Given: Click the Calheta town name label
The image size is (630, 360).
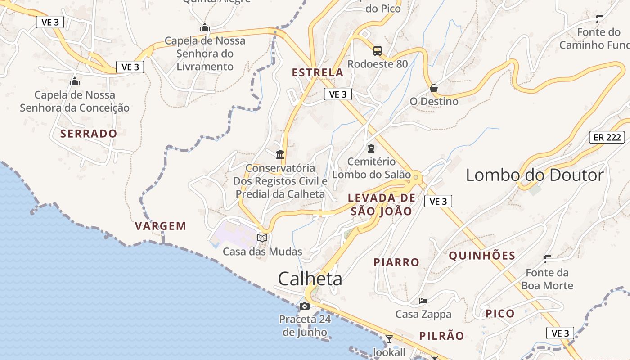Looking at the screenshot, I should [x=310, y=279].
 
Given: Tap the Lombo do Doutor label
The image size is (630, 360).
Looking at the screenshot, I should [x=535, y=175].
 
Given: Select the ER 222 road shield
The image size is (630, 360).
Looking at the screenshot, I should [x=607, y=137].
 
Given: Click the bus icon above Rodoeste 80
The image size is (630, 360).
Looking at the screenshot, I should [x=377, y=50].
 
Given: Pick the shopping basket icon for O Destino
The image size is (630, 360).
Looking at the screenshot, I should [x=434, y=88].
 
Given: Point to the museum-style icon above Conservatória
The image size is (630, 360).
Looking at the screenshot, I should [x=280, y=155].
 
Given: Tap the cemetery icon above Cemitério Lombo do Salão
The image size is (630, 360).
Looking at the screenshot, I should [x=371, y=148].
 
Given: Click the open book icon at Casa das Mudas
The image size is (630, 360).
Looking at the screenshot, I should [x=262, y=238].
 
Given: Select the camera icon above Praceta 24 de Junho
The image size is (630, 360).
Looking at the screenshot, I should [x=305, y=306].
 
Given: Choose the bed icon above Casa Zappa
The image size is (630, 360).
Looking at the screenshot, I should [x=423, y=301].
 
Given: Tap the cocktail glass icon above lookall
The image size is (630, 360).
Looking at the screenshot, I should [x=389, y=338].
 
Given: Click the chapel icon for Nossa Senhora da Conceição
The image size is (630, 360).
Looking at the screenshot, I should [x=75, y=81].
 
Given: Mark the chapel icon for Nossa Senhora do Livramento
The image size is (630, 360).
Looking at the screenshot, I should [x=205, y=27].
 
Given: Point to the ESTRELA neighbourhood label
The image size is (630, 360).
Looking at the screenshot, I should [x=317, y=72].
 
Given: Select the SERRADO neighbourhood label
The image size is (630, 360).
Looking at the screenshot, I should [x=89, y=134].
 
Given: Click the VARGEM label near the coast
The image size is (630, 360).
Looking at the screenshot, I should [x=161, y=226].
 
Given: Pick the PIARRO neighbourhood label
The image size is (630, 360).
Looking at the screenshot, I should [x=396, y=262].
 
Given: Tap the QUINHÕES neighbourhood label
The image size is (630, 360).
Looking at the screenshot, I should [x=482, y=256].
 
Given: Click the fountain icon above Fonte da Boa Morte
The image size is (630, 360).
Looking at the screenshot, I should [x=548, y=259].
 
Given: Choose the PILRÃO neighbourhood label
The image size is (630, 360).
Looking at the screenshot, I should [x=441, y=336].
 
